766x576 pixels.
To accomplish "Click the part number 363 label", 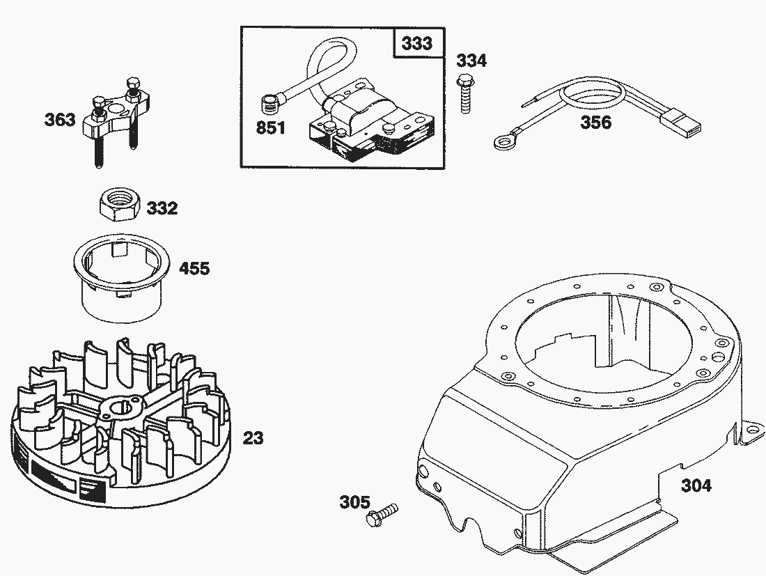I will coord(60,120).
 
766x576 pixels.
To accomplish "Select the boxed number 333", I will coord(417,43).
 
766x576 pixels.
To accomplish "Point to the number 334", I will coord(471,61).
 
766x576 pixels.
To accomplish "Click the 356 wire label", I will coord(596,123).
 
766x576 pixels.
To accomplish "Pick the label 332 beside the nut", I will coord(162,208).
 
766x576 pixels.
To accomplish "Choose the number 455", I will coord(194,268).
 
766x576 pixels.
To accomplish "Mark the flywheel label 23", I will coord(253,438).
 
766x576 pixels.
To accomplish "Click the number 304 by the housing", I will coord(696,485).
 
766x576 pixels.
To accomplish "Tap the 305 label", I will coord(355,502).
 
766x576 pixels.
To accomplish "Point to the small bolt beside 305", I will coord(382,515).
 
